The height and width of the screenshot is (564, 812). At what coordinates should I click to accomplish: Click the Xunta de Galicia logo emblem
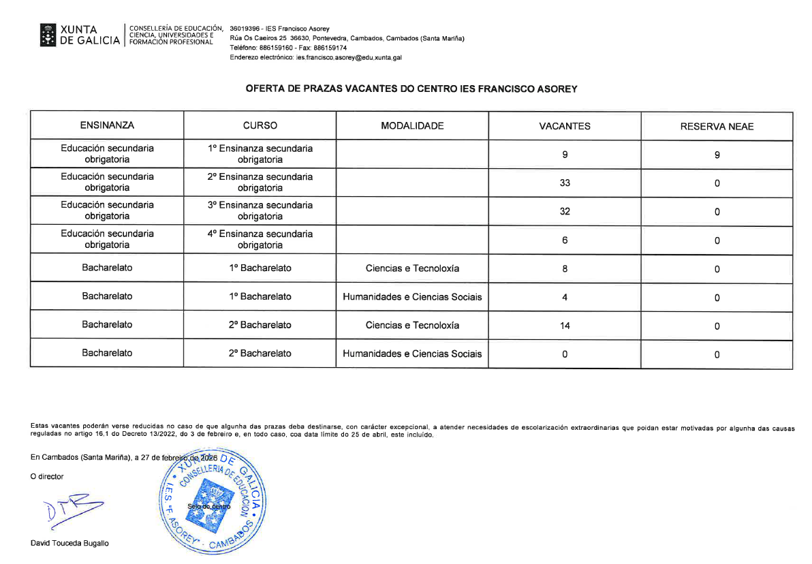point(48,35)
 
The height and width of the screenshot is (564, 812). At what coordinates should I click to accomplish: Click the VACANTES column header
point(565,126)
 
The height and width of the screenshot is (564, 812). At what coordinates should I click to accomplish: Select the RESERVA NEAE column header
point(717,127)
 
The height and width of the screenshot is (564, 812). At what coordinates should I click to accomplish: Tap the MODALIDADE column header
point(412,126)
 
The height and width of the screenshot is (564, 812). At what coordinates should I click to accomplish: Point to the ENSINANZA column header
point(107,126)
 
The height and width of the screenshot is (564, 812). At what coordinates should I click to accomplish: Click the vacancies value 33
point(565,183)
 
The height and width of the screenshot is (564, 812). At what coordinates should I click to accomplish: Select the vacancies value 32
point(565,212)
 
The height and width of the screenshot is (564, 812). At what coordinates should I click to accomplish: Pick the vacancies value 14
point(565,326)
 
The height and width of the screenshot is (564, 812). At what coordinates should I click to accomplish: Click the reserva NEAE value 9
point(717,155)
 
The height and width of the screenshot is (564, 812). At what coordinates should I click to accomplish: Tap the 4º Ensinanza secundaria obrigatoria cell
point(260,240)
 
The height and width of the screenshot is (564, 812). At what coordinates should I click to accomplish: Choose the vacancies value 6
point(565,240)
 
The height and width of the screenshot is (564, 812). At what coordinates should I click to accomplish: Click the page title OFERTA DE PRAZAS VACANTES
point(411,89)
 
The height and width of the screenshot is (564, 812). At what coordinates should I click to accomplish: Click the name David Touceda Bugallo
point(69,544)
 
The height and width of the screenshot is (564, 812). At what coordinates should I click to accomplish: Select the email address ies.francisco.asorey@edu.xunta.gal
point(349,58)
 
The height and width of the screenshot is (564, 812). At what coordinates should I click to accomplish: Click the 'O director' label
point(48,477)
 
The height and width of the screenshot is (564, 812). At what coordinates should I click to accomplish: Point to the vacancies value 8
point(565,269)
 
